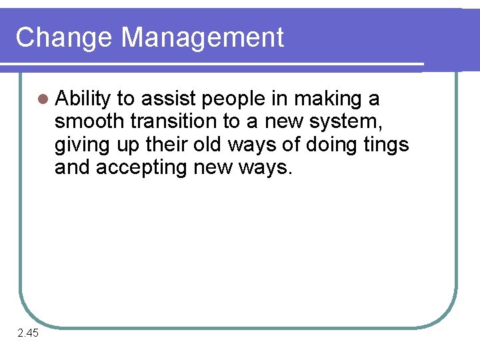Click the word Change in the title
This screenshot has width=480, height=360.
64,38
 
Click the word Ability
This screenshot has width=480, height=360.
83,100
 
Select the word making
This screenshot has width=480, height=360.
327,100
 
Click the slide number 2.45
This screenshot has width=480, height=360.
29,333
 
